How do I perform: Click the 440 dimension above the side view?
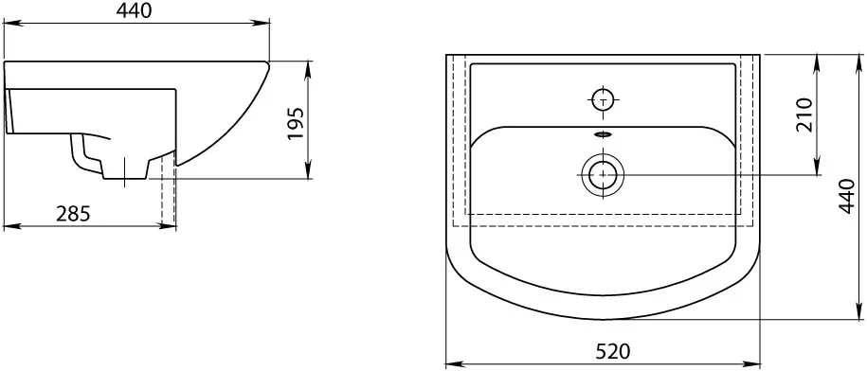coord(135,10)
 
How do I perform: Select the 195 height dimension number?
coord(296,123)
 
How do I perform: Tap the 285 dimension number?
coord(73,213)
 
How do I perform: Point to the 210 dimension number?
coord(804,115)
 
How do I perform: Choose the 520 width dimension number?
coord(613,350)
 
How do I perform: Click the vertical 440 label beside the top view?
coord(847,195)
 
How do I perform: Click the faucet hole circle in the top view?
coord(602,100)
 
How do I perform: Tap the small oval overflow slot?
coord(603,133)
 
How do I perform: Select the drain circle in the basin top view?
coord(603,175)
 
